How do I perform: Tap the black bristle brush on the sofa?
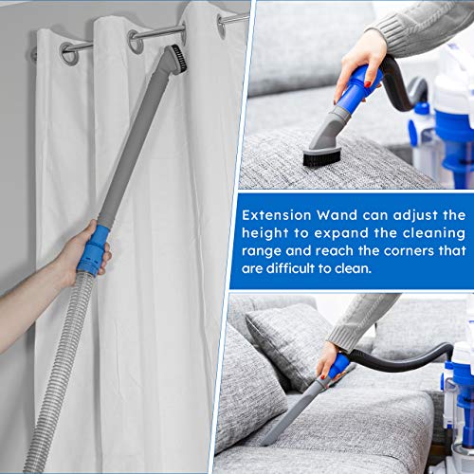coord(322,158)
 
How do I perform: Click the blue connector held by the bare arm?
coord(93,250)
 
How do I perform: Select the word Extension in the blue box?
coord(277,215)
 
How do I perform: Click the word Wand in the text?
coord(337,215)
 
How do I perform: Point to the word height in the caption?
coord(265,233)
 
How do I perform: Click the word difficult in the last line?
coord(291,268)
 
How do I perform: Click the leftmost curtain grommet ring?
coord(69,53)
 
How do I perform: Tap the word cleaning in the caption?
coord(434,234)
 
